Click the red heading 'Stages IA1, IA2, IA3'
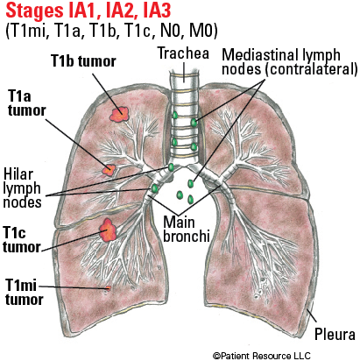(88, 11)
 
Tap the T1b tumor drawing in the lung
(119, 114)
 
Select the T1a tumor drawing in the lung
(109, 170)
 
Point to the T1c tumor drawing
(108, 230)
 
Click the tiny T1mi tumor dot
(109, 288)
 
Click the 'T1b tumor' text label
(83, 61)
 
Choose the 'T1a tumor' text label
(26, 103)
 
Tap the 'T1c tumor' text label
(21, 240)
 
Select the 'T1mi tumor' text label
(24, 293)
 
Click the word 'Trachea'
(183, 53)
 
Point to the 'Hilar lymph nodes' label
(22, 188)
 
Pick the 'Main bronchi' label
(187, 230)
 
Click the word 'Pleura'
(335, 334)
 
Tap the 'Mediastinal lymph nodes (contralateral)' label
(290, 62)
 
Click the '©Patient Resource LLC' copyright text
(261, 356)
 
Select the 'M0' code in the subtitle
(203, 31)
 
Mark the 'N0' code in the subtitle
(172, 31)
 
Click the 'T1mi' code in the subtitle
(27, 31)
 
